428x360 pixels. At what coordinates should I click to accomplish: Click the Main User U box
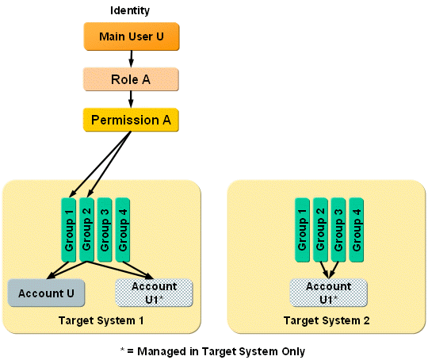click(x=130, y=37)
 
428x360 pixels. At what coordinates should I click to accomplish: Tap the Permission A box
click(x=130, y=120)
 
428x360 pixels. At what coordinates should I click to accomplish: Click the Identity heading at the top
click(x=130, y=11)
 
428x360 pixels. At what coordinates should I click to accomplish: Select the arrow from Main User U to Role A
click(x=130, y=58)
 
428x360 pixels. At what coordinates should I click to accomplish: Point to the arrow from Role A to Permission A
click(x=130, y=99)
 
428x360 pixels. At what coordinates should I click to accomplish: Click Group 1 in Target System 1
click(x=69, y=229)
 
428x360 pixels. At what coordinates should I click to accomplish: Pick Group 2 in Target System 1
click(x=86, y=229)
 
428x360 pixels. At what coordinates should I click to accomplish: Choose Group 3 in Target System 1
click(x=104, y=229)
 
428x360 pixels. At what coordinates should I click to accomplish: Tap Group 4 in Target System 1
click(x=122, y=229)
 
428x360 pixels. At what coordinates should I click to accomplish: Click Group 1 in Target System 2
click(x=302, y=229)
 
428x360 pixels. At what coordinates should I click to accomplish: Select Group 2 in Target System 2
click(x=320, y=229)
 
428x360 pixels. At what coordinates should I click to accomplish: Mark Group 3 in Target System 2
click(x=338, y=229)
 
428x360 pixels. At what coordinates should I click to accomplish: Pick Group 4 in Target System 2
click(x=356, y=229)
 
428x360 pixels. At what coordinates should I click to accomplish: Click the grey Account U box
click(x=47, y=293)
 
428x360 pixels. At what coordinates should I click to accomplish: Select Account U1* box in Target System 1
click(x=154, y=293)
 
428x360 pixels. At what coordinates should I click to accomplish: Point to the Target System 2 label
click(x=328, y=320)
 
